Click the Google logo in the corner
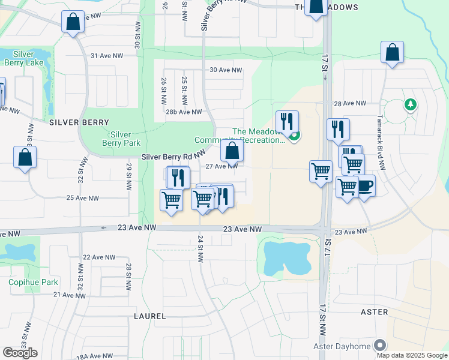click(x=20, y=353)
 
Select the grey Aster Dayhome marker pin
click(x=379, y=346)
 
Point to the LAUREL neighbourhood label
click(x=150, y=315)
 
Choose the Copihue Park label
click(x=33, y=282)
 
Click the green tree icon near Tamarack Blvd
click(x=411, y=105)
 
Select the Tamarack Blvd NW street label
click(x=380, y=141)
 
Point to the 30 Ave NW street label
click(x=226, y=70)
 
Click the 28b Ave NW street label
click(x=184, y=112)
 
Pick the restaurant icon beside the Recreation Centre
click(x=287, y=122)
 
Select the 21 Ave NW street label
click(x=70, y=295)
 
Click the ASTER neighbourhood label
click(x=375, y=312)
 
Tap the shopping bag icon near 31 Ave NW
click(x=73, y=23)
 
